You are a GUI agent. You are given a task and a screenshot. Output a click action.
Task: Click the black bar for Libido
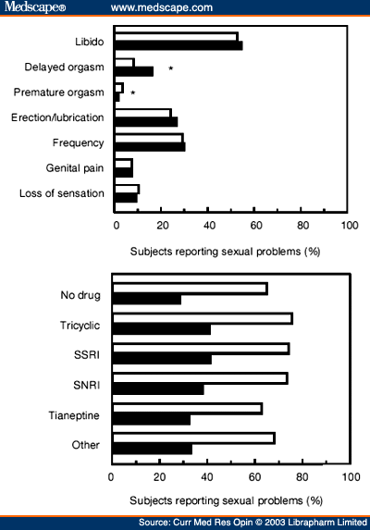[179, 45]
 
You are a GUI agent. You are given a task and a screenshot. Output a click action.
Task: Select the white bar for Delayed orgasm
[125, 63]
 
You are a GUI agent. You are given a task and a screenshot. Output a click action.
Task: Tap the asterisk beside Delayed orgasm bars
[171, 68]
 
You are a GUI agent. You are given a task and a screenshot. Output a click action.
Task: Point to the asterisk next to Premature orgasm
[133, 92]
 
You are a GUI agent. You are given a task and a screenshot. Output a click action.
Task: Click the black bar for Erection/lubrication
[146, 122]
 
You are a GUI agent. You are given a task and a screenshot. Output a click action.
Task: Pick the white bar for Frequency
[149, 138]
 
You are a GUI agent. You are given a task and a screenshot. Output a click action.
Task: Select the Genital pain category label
[75, 168]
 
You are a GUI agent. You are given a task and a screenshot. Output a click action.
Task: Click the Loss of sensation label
[61, 193]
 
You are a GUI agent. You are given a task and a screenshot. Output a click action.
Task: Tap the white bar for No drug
[191, 289]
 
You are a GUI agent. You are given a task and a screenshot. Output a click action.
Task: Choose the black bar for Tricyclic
[162, 329]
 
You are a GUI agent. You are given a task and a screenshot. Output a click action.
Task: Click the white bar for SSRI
[201, 349]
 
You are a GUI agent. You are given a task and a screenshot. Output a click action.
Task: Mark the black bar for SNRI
[158, 389]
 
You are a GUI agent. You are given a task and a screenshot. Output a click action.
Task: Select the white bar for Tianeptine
[188, 409]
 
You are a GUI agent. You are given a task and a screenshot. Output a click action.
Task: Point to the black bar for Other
[153, 450]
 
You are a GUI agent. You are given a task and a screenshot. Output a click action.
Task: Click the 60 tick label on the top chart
[256, 226]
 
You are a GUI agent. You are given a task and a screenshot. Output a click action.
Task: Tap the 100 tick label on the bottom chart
[351, 477]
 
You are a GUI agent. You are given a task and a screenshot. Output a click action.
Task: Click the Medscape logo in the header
[35, 6]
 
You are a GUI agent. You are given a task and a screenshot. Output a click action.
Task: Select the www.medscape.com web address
[162, 7]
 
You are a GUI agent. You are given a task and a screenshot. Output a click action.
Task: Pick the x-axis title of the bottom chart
[226, 500]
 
